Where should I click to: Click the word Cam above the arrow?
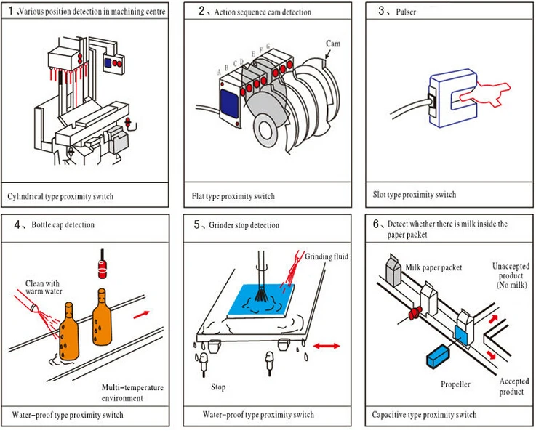[x=333, y=44]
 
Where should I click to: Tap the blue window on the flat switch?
[x=229, y=103]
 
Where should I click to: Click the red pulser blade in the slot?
[x=485, y=94]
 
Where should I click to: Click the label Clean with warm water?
[x=44, y=287]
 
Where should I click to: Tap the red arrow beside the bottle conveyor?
[x=141, y=315]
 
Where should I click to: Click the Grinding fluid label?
[x=327, y=256]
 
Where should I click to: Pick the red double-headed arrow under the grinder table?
[x=327, y=346]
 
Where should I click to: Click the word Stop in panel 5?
[x=218, y=387]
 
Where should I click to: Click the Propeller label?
[x=455, y=384]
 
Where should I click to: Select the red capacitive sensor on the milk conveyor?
[x=415, y=312]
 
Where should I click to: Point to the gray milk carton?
[x=393, y=270]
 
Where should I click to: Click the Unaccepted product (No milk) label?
[x=511, y=275]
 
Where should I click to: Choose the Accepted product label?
[x=513, y=387]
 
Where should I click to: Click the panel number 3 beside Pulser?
[x=381, y=11]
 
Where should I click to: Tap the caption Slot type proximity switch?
[x=415, y=195]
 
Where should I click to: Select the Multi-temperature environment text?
[x=132, y=392]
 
